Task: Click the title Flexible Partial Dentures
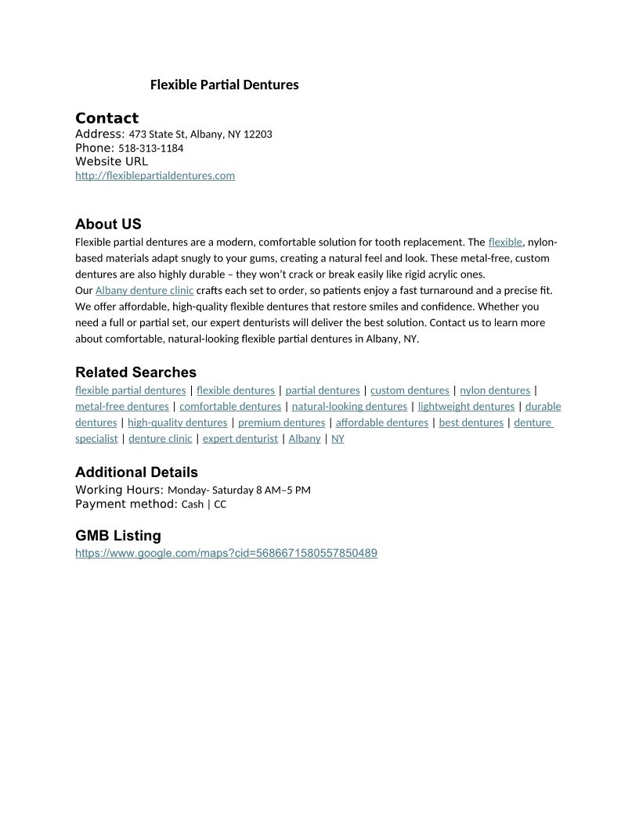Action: coord(224,84)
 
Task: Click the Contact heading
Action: coord(106,118)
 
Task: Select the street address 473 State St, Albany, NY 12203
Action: coord(200,135)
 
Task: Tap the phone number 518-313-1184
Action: coord(150,148)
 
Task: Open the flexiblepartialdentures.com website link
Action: coord(155,175)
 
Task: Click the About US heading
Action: coord(108,224)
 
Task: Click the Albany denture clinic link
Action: coord(144,290)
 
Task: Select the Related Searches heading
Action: coord(135,372)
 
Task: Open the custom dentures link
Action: coord(410,390)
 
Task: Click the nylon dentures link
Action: coord(495,390)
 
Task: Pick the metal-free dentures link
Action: coord(121,407)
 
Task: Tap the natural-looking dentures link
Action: coord(349,407)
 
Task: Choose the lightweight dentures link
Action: coord(466,407)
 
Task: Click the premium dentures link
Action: coord(281,423)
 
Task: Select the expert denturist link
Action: coord(240,439)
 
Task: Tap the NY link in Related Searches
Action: coord(338,439)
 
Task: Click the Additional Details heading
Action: coord(136,472)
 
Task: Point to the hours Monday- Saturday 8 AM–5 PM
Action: coord(239,490)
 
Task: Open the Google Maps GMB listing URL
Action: coord(226,553)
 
